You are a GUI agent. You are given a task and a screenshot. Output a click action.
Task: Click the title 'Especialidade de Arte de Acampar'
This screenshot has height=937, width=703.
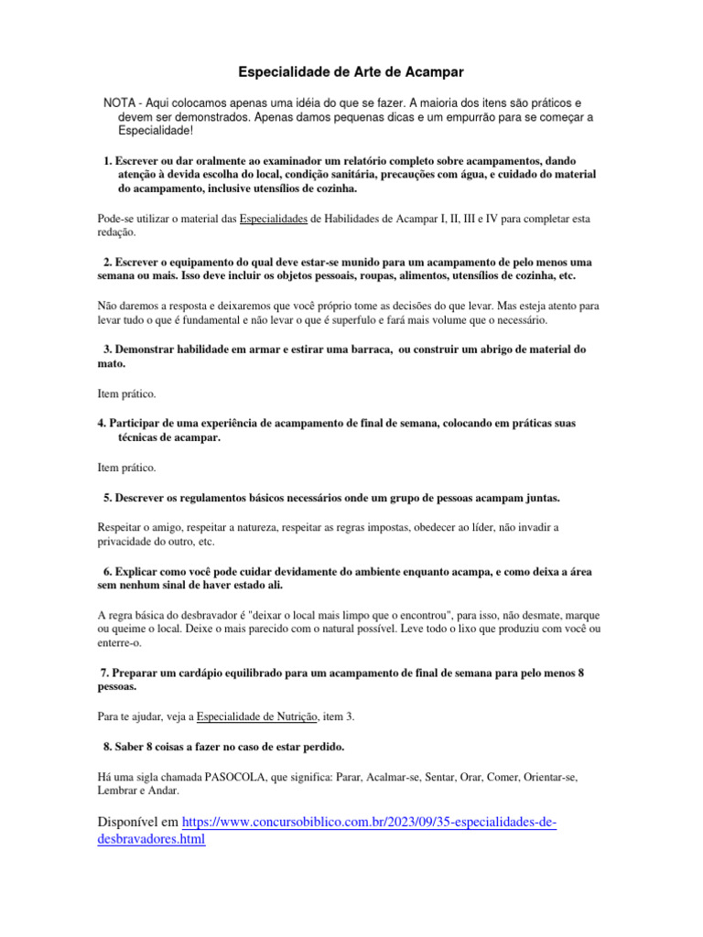pos(351,70)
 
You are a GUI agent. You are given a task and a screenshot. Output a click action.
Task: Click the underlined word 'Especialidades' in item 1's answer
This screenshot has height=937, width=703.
pos(273,219)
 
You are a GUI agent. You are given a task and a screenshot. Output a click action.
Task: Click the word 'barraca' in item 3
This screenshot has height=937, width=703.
pos(364,350)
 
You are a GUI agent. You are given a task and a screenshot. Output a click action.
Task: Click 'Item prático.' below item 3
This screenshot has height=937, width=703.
pos(126,393)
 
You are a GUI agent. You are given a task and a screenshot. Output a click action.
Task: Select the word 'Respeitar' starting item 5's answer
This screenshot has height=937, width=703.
pos(120,528)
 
